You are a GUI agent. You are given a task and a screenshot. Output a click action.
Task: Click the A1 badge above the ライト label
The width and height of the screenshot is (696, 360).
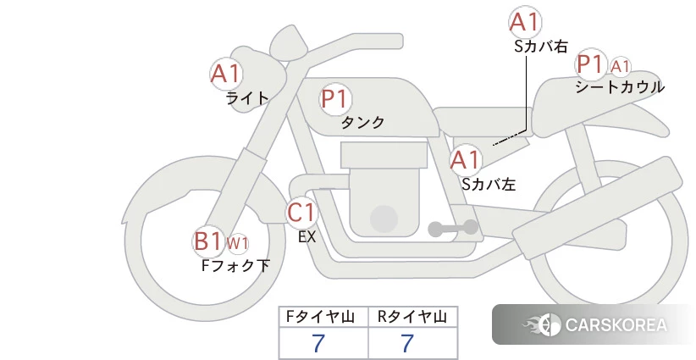coord(226,74)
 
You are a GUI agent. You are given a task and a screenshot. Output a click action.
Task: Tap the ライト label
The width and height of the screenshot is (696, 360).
coord(247,98)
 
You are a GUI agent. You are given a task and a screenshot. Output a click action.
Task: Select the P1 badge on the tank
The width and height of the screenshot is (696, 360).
coord(335,99)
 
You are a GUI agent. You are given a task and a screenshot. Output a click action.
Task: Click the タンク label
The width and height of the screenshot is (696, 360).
coord(362,123)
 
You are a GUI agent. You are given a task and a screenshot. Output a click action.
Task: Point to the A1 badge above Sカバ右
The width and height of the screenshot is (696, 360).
coord(524,22)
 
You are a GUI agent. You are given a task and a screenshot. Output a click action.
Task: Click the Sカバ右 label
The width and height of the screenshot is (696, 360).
coord(541,47)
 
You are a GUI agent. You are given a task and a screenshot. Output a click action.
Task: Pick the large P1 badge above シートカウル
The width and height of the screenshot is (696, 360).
coord(589,64)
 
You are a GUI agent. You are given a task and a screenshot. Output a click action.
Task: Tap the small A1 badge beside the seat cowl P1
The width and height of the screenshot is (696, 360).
coord(621,66)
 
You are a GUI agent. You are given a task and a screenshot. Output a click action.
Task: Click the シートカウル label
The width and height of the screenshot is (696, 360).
coord(620,87)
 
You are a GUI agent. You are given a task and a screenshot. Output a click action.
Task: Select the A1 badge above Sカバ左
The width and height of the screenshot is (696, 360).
coord(465,158)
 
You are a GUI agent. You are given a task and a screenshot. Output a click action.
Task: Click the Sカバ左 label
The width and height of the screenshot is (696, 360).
coord(489,182)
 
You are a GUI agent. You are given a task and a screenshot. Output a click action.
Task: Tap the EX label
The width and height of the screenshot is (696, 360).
coord(307,237)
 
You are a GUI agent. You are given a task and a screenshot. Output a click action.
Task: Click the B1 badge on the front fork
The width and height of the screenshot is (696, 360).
coord(207,241)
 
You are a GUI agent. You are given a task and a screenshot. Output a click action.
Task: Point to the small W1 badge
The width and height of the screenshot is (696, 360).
coord(237,245)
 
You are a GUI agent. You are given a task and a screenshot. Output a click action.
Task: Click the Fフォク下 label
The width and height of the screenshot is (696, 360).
coord(235,266)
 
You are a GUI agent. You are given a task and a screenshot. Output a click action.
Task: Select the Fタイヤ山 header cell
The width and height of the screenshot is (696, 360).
coord(323,317)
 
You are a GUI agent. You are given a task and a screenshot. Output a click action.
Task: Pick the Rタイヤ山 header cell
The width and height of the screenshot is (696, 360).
coord(412,317)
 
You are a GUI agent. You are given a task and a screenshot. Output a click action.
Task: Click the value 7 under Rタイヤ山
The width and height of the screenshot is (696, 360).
coord(408,343)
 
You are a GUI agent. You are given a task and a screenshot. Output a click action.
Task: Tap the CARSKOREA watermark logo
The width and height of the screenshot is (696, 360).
coord(594,324)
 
